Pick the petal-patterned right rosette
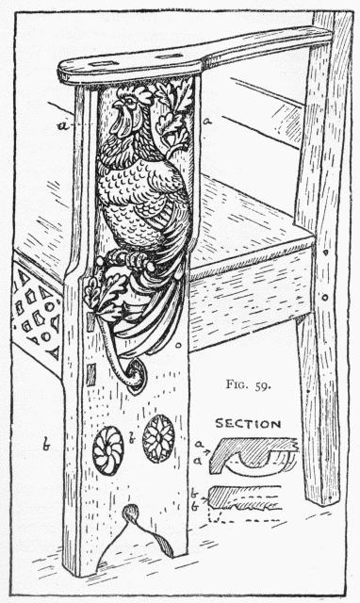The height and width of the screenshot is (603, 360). (159, 434)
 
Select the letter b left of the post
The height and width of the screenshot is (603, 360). (44, 440)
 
